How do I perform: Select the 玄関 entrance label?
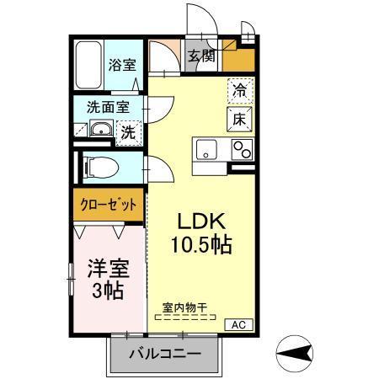click(x=200, y=57)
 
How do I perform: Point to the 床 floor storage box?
click(x=238, y=119)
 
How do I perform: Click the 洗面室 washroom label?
click(x=109, y=107)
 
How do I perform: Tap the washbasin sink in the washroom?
click(x=99, y=130)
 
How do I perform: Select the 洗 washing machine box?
click(x=127, y=131)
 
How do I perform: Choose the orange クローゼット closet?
click(x=109, y=204)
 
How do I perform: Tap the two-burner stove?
click(x=241, y=150)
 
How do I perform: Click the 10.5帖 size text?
click(x=204, y=246)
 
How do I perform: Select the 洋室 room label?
click(x=106, y=270)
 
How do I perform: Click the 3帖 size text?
click(x=106, y=292)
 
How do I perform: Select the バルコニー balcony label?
click(x=164, y=353)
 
